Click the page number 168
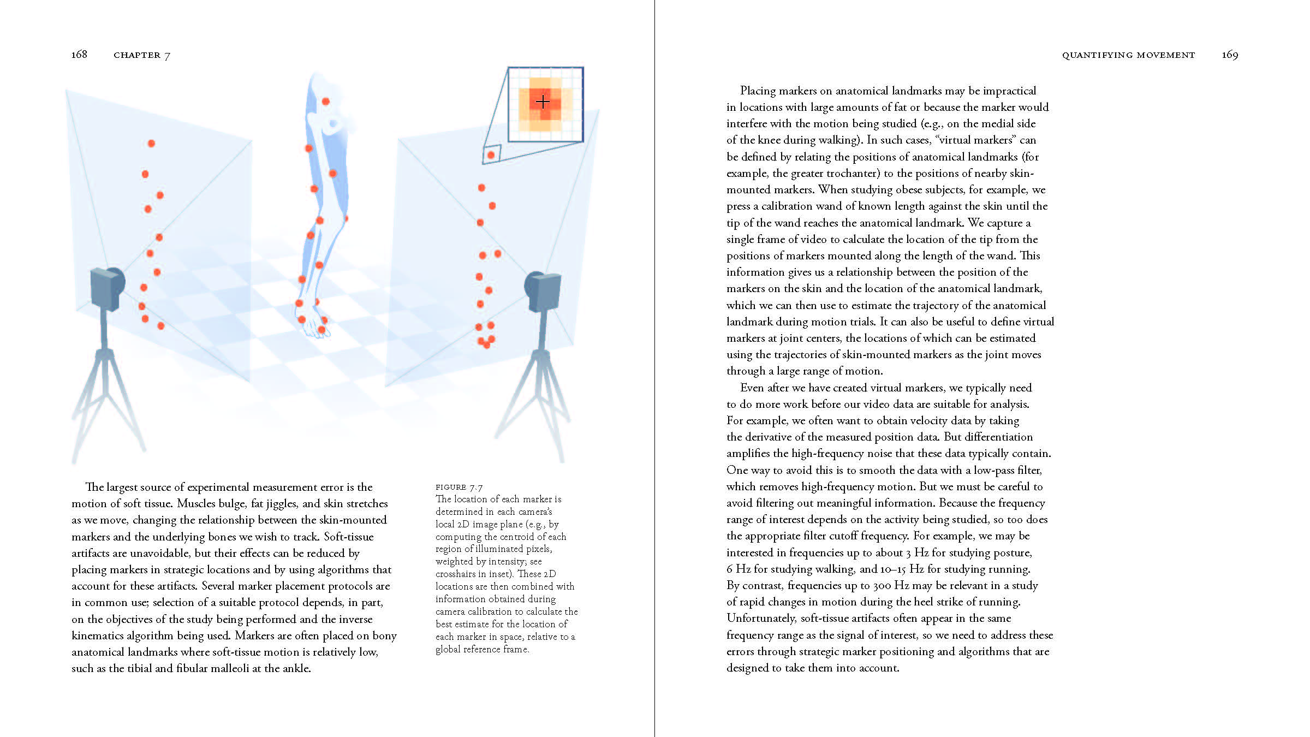click(x=79, y=54)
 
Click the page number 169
click(x=1230, y=55)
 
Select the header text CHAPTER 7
click(x=142, y=55)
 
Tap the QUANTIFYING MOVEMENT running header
click(x=1128, y=55)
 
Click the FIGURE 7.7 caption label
click(x=459, y=487)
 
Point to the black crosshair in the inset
click(x=543, y=102)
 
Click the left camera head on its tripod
click(x=108, y=287)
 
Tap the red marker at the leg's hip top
click(x=326, y=102)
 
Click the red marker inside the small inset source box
click(x=491, y=155)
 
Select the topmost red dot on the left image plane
click(x=151, y=144)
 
